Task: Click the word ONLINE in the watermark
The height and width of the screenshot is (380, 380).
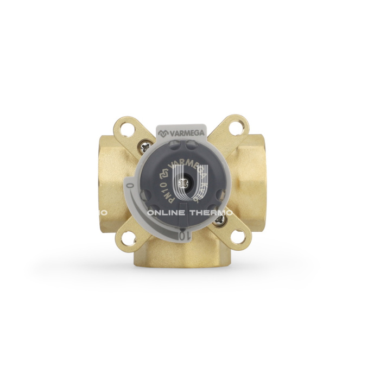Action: pyautogui.click(x=166, y=213)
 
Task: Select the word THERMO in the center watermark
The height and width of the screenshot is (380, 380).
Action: pyautogui.click(x=211, y=213)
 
